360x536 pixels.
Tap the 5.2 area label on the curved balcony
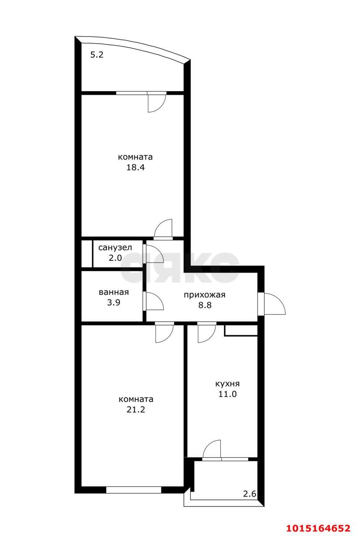point(97,54)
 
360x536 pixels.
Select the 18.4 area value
point(135,168)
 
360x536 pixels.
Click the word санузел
point(115,247)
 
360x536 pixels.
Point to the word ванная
point(114,293)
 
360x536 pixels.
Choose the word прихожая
point(205,295)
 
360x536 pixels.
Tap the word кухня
point(228,384)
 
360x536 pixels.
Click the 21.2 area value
point(136,410)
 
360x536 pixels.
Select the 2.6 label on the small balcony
point(250,494)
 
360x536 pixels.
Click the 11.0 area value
point(228,394)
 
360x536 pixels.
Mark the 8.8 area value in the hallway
point(205,305)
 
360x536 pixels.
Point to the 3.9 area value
point(114,303)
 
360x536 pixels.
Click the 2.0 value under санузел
point(115,258)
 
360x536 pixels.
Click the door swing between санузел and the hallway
point(150,254)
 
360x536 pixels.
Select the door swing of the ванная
point(153,301)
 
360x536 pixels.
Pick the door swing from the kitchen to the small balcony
point(212,449)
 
